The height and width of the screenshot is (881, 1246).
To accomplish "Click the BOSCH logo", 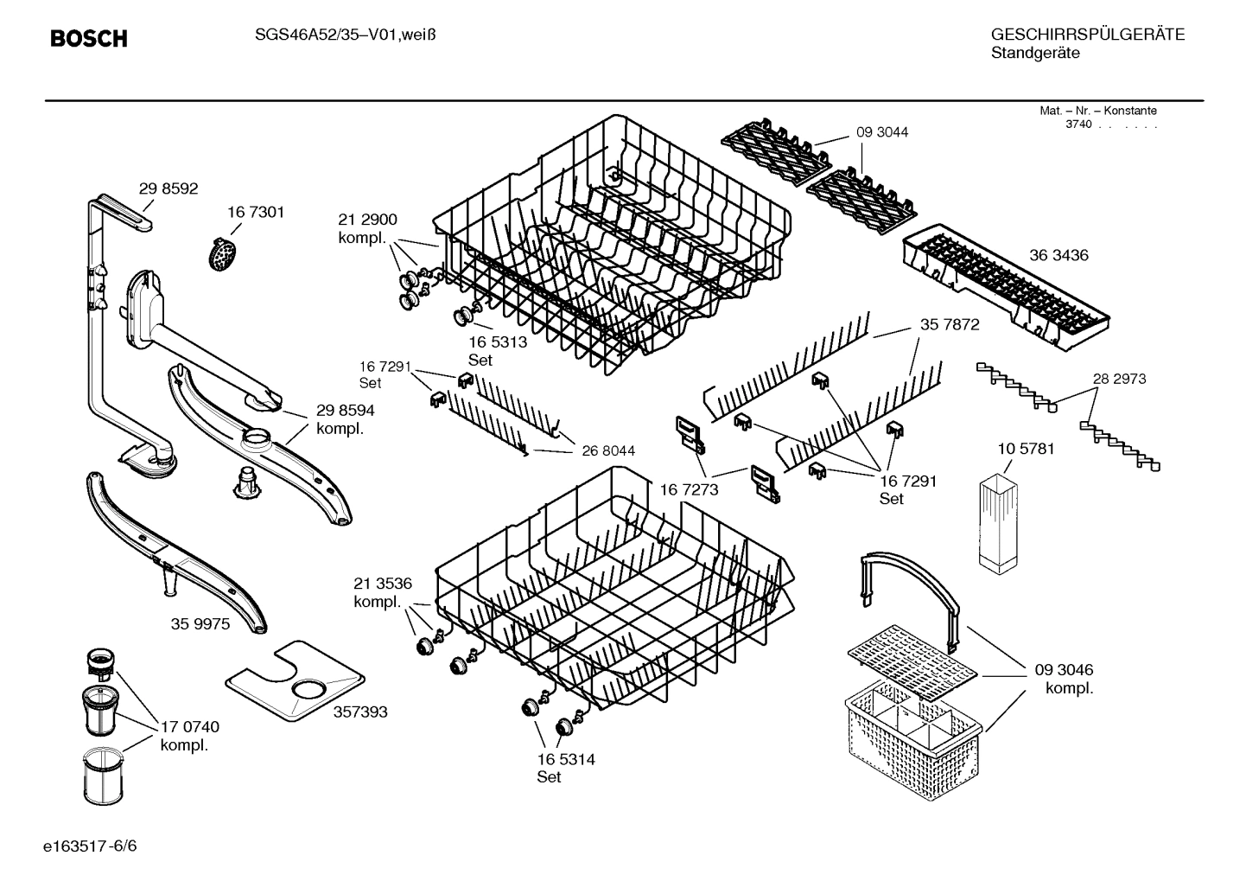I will click(x=89, y=39).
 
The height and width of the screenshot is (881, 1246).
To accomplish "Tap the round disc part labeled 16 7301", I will click(x=223, y=252).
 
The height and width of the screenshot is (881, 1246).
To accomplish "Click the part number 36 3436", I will click(x=1058, y=255).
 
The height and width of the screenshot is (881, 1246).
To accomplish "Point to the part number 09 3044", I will click(x=882, y=132).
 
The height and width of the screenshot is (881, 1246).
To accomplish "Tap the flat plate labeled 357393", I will click(x=293, y=680).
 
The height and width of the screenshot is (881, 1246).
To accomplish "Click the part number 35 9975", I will click(x=200, y=623).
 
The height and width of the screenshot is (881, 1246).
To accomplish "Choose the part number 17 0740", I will click(x=190, y=727).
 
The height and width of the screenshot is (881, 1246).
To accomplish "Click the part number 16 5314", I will click(x=565, y=759).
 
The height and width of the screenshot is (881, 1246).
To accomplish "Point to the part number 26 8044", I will click(x=608, y=450).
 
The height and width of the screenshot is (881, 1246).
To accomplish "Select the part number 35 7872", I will click(x=949, y=325).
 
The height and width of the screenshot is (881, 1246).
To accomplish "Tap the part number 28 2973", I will click(x=1119, y=379).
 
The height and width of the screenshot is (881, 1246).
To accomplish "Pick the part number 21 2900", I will click(x=367, y=220).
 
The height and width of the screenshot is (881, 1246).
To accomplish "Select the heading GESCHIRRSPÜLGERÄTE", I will click(x=1087, y=35).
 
